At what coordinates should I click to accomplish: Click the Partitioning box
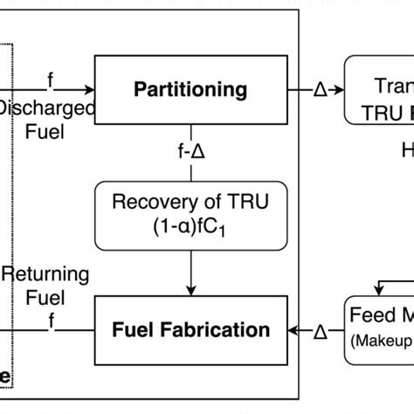190,89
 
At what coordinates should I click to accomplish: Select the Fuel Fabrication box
190,331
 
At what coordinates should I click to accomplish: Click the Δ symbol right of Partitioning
320,90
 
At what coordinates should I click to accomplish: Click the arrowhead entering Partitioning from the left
89,89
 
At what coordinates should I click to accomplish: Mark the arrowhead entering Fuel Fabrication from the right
293,331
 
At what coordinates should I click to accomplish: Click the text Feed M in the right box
382,314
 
